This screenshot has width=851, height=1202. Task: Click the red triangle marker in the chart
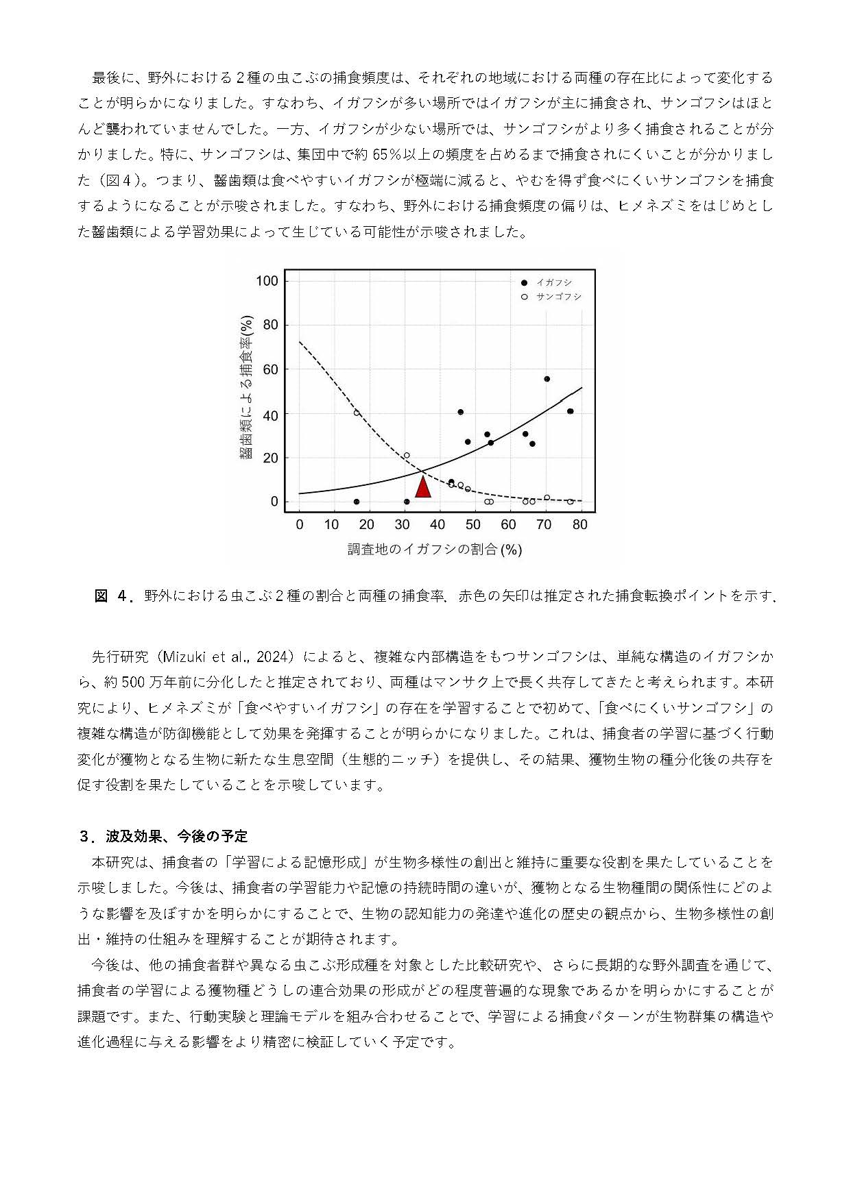(x=423, y=487)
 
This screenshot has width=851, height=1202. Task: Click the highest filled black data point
(x=547, y=379)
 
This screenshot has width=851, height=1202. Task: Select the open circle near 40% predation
(x=357, y=413)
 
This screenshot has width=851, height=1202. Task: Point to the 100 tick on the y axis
(x=267, y=281)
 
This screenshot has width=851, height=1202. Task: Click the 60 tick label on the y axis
(x=270, y=370)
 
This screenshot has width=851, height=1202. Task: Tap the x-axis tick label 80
(x=579, y=525)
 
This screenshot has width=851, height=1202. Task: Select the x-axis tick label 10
(x=331, y=525)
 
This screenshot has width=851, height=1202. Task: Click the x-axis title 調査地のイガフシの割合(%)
(x=435, y=550)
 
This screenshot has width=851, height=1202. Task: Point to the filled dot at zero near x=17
(x=357, y=502)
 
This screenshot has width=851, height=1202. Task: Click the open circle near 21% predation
(x=407, y=455)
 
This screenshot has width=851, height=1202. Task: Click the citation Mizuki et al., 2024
(x=230, y=657)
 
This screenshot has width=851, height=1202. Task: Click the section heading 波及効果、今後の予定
(x=176, y=836)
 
